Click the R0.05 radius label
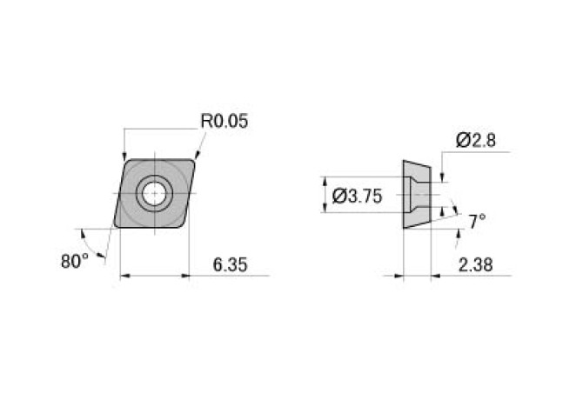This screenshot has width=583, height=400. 224,121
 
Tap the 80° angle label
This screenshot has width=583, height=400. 76,260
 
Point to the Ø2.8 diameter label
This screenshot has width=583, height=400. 475,140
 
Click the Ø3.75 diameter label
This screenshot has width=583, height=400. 358,197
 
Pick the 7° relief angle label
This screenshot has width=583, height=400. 477,223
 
